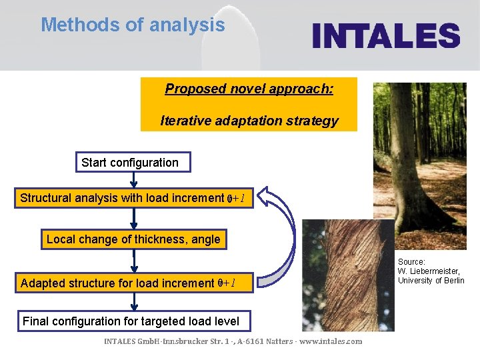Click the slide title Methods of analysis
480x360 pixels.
[x=133, y=25]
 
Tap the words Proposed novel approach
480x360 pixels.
[x=249, y=89]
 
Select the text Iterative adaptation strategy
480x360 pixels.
[x=249, y=121]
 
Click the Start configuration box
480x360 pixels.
[x=130, y=163]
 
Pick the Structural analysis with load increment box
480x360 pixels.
[x=136, y=198]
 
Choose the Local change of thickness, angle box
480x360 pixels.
[x=133, y=239]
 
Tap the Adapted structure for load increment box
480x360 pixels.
[x=136, y=283]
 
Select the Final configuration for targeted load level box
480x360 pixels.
[x=131, y=321]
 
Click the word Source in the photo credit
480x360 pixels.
[x=411, y=262]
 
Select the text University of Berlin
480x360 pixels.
[x=431, y=281]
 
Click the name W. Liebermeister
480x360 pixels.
[x=429, y=271]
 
